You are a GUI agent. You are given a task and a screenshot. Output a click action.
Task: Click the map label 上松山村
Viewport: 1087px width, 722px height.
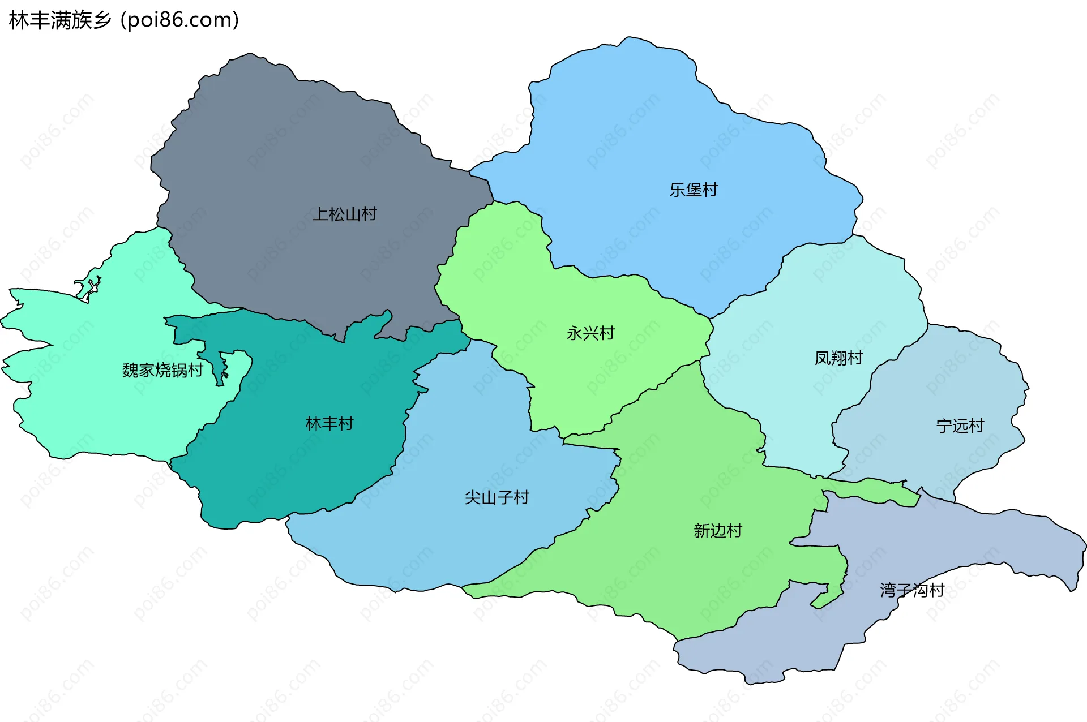(344, 214)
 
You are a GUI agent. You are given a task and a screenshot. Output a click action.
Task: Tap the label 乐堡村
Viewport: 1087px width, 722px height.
(694, 190)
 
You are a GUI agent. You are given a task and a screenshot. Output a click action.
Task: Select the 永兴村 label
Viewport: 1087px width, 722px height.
(590, 333)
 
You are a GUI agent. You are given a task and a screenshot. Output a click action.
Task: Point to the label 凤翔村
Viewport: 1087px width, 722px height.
(838, 358)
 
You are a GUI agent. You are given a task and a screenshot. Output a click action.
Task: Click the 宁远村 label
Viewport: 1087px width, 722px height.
(960, 426)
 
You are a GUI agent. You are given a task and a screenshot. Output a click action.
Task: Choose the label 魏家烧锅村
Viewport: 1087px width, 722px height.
(162, 370)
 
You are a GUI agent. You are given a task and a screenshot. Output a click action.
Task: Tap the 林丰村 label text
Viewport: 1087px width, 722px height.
(329, 423)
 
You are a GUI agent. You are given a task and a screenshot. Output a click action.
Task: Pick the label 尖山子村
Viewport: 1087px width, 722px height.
(497, 497)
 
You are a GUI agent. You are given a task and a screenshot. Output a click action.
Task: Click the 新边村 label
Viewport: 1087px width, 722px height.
(717, 530)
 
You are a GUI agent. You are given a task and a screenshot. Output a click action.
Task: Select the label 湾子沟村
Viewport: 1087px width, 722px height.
(911, 590)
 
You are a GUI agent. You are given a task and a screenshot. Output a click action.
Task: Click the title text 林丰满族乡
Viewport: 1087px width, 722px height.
(60, 20)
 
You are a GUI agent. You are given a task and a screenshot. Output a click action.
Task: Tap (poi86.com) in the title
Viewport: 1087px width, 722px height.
(180, 20)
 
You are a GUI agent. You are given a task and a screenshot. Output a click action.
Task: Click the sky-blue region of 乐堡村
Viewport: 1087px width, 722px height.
(651, 124)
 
